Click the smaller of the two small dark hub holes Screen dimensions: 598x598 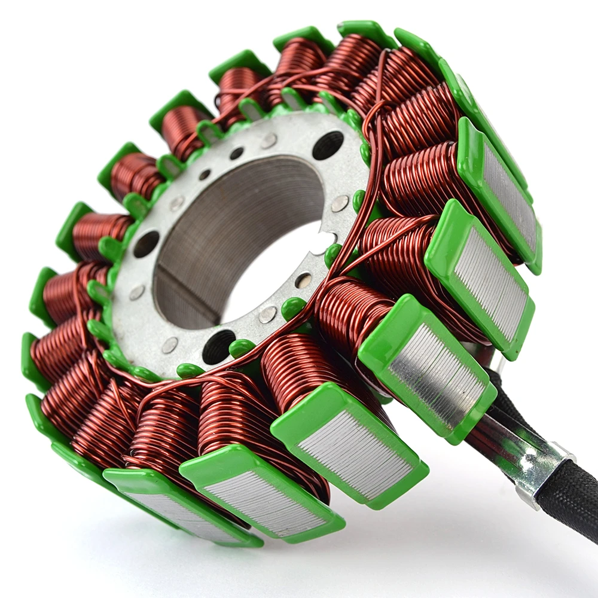pos(205,174)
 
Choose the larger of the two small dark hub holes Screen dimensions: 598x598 pos(236,153)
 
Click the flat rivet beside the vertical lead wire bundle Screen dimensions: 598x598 pos(340,203)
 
